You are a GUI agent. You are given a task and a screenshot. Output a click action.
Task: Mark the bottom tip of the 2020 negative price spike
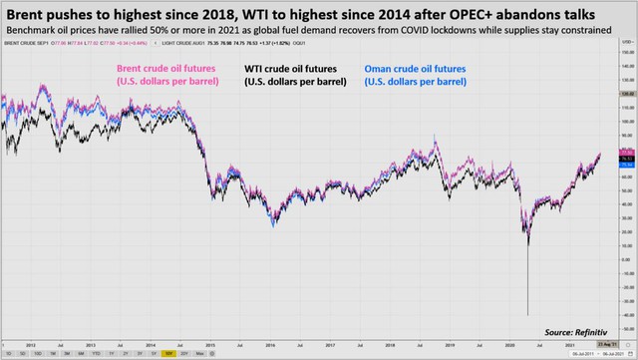[526, 315]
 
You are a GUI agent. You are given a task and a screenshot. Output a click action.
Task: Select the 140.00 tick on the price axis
[626, 66]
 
